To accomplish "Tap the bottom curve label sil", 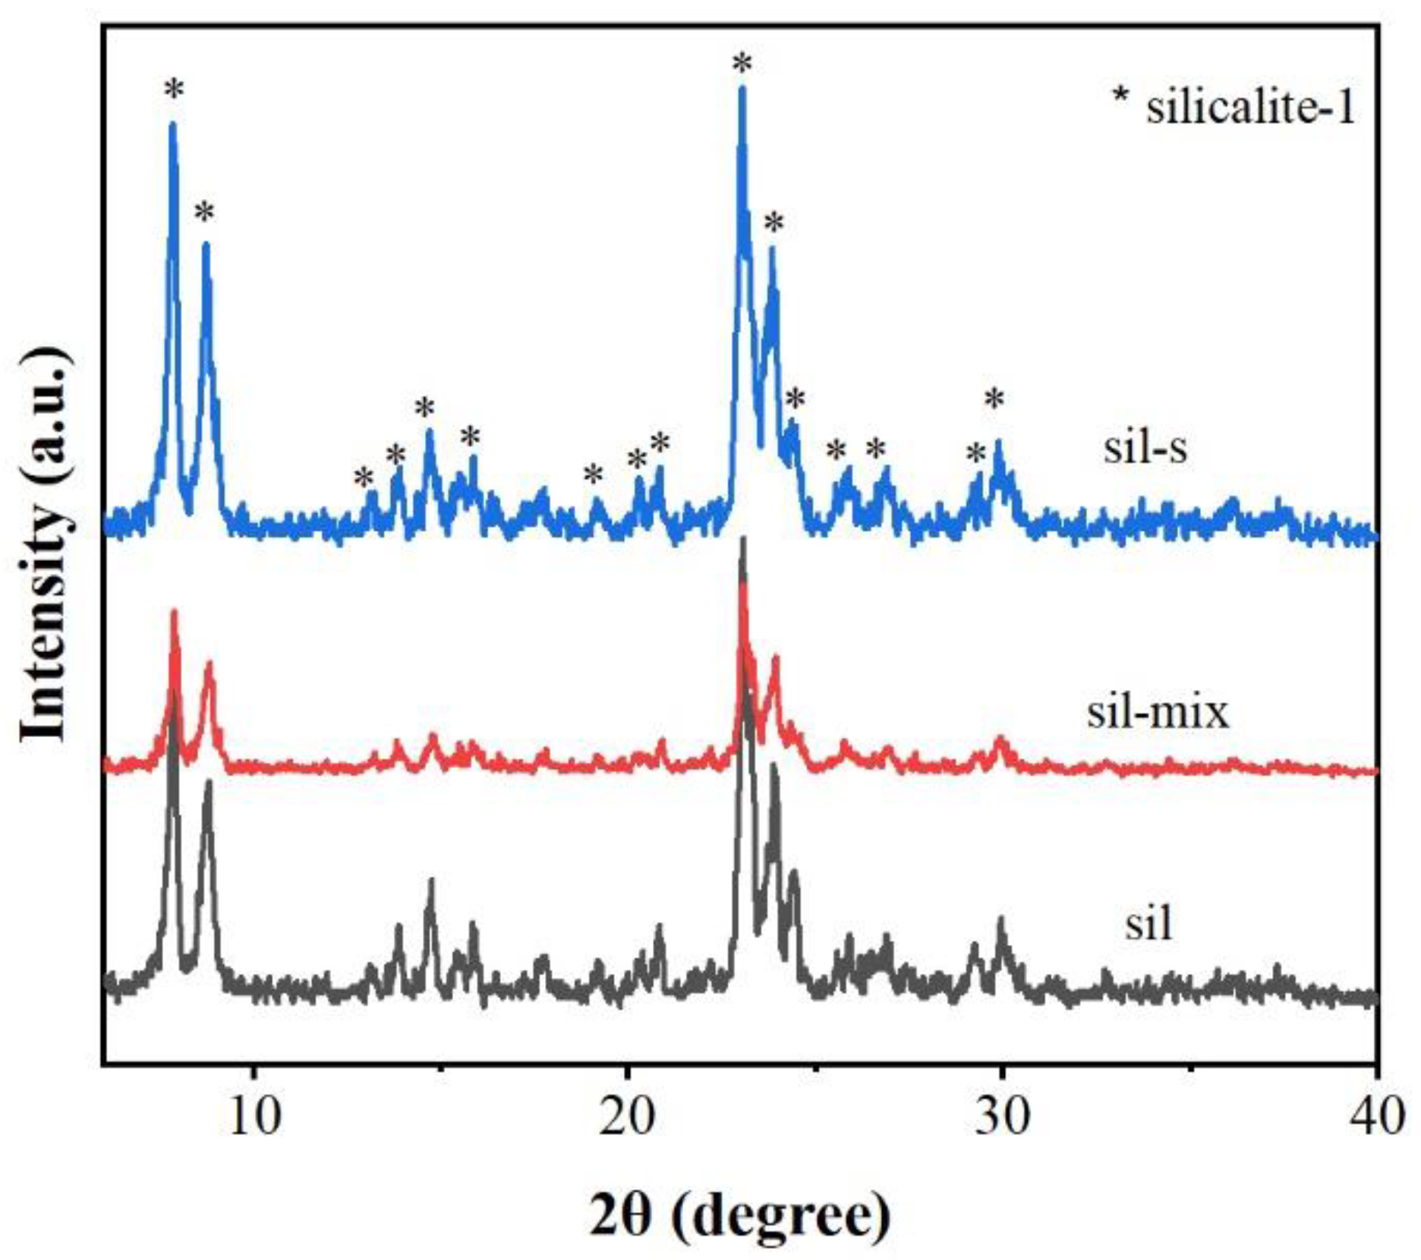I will [1148, 924].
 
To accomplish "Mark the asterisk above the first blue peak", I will [174, 90].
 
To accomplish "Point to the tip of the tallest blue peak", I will [742, 89].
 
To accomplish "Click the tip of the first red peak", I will [175, 612].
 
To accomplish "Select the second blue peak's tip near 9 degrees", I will [205, 244].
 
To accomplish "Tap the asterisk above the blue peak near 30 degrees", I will [994, 399].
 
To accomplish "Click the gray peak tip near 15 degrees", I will [431, 880].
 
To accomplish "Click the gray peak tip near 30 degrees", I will [1000, 919].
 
